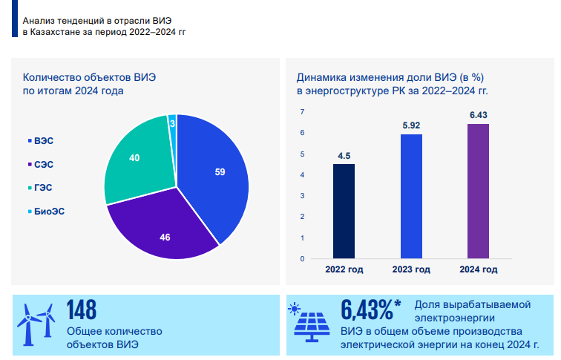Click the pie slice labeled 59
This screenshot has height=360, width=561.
tap(215, 174)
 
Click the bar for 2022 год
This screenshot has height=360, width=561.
tap(344, 212)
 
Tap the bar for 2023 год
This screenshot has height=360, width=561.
tap(411, 197)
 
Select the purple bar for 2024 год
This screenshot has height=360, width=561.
tap(478, 192)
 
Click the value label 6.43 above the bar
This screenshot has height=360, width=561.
tap(478, 114)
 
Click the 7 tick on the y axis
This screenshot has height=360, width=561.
tap(303, 111)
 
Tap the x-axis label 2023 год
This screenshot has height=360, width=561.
tap(411, 269)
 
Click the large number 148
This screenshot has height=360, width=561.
tap(82, 310)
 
